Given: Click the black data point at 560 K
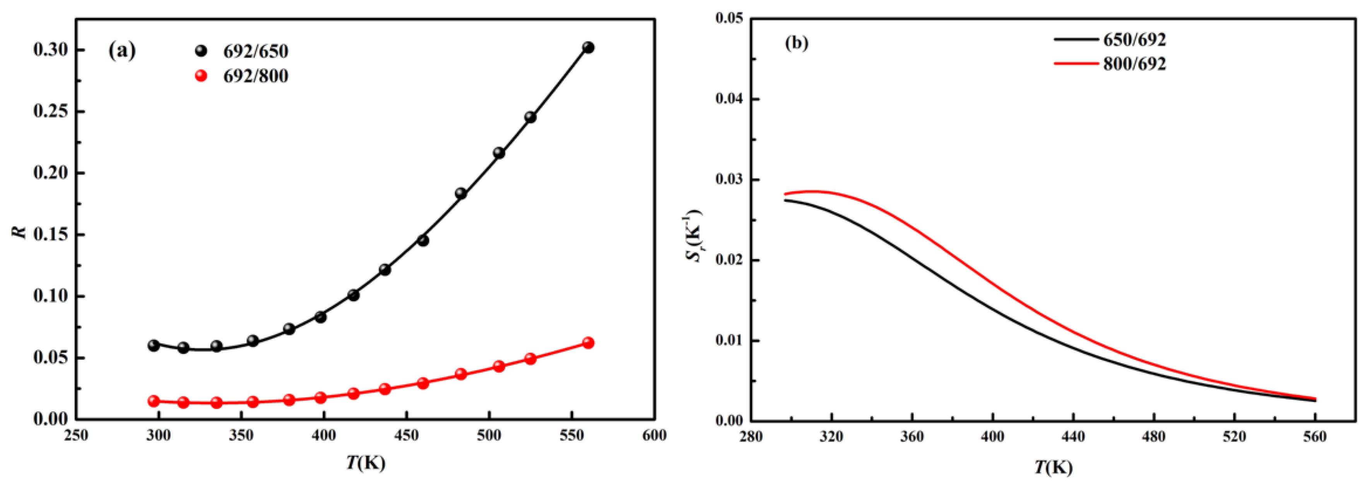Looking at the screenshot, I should click(588, 48).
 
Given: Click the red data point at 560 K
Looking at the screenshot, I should click(588, 343).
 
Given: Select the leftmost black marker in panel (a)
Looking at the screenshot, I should click(154, 345).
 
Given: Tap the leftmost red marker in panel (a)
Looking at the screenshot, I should click(154, 401).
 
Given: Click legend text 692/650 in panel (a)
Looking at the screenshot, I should click(255, 52).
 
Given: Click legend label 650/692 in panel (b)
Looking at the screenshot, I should click(1134, 40).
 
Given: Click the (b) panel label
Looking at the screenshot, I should click(796, 43).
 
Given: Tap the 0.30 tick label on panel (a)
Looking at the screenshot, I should click(51, 50).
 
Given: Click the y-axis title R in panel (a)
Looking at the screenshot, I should click(20, 232).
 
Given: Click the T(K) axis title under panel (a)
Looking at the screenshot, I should click(366, 462).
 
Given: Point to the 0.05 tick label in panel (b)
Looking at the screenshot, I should click(730, 19).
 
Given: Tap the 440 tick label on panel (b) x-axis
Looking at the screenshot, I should click(1073, 437).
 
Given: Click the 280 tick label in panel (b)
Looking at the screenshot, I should click(751, 437).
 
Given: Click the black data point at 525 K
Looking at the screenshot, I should click(530, 117).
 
